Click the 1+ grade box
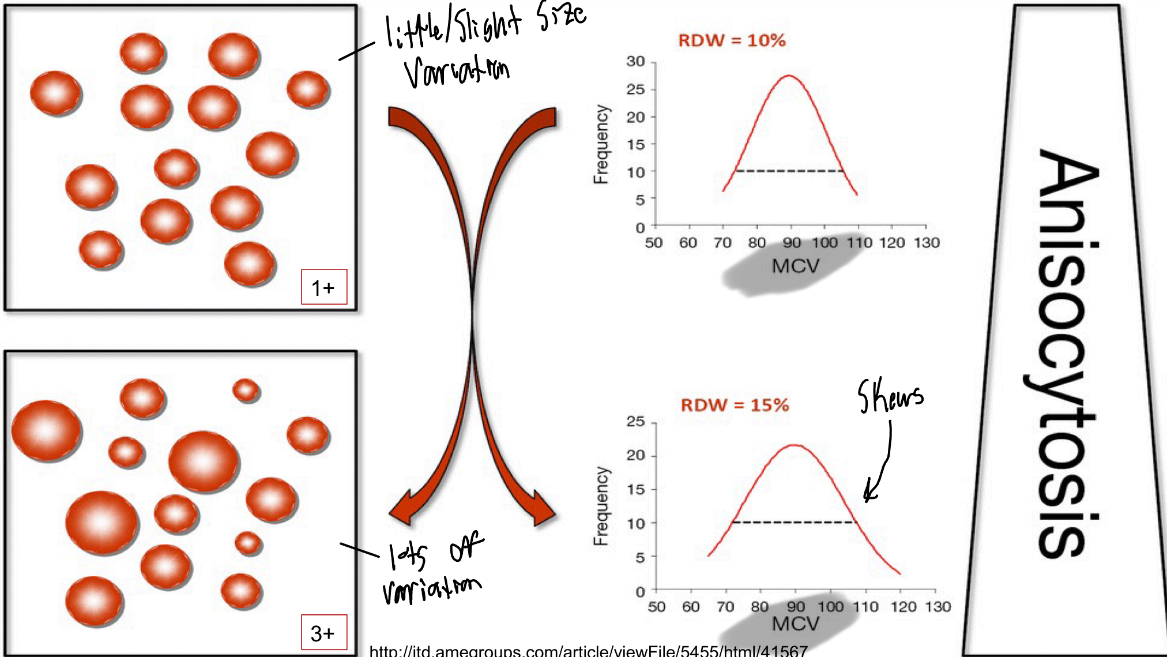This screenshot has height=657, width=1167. [x=324, y=287]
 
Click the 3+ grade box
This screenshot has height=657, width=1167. [x=324, y=633]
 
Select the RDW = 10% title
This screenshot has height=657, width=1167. [x=732, y=40]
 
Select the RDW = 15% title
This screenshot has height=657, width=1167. [x=735, y=405]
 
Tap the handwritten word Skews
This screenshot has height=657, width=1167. [x=890, y=396]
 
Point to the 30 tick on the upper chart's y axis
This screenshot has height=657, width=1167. [x=635, y=62]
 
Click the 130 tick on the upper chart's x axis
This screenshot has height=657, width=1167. [x=926, y=243]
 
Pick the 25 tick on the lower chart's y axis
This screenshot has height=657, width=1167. [x=635, y=422]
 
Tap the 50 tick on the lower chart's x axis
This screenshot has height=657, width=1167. [x=656, y=607]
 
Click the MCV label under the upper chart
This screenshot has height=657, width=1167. [x=795, y=266]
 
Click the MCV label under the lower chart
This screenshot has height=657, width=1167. [x=795, y=624]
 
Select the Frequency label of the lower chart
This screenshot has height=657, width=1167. [x=601, y=506]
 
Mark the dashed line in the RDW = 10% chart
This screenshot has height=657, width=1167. [x=789, y=171]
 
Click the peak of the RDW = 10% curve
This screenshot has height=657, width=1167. [x=789, y=76]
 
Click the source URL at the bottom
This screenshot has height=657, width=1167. [x=588, y=651]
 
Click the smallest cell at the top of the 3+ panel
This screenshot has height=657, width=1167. [x=246, y=391]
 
